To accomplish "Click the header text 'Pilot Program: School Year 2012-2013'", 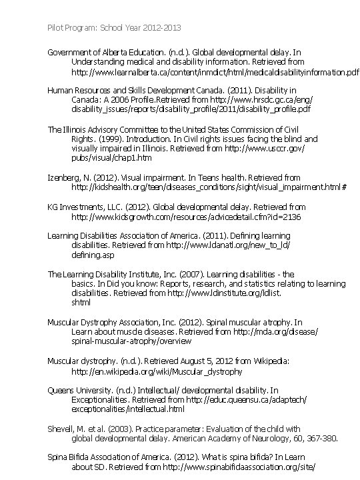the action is point(114,28).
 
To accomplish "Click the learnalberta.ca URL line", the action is point(215,71).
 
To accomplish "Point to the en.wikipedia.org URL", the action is point(157,371).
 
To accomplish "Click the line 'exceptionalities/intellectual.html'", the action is point(127,409).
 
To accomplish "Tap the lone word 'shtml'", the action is point(81,303).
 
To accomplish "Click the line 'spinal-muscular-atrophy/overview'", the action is point(131,341).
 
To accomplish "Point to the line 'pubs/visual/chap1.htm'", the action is point(111,158).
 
